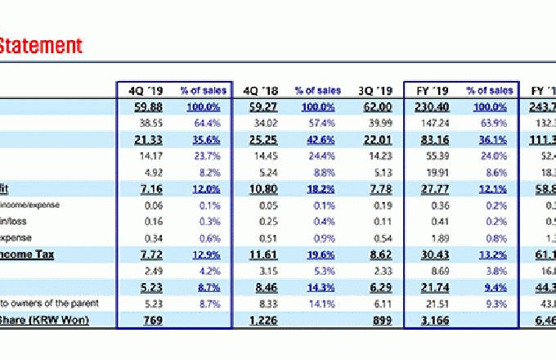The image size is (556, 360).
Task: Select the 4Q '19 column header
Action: coord(142,90)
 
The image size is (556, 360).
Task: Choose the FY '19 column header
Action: coord(430,90)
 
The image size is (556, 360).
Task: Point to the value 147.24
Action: coord(434,123)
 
